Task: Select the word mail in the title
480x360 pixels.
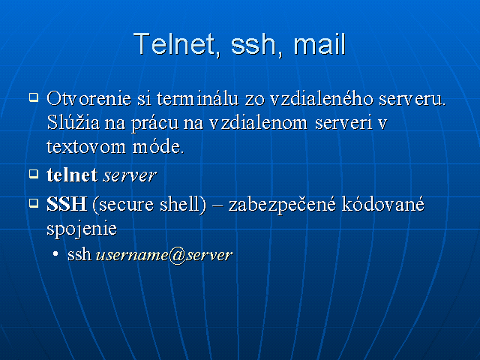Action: tap(319, 44)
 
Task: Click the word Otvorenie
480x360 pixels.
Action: tap(89, 98)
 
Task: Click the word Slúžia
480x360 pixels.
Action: tap(73, 122)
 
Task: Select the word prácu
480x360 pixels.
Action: tap(155, 123)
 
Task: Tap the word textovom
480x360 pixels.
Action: tap(86, 147)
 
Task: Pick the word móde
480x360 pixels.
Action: tap(158, 146)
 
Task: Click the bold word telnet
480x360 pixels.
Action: tap(72, 175)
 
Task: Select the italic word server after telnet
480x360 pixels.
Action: tap(130, 176)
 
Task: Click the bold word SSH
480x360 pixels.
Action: tap(67, 204)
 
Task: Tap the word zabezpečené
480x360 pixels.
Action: tap(282, 205)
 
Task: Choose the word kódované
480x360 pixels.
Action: tap(383, 204)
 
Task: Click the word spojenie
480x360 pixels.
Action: tap(82, 228)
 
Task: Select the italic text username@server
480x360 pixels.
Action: tap(164, 255)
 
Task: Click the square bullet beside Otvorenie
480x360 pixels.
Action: tap(34, 97)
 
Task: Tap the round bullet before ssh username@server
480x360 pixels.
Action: tap(55, 253)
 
